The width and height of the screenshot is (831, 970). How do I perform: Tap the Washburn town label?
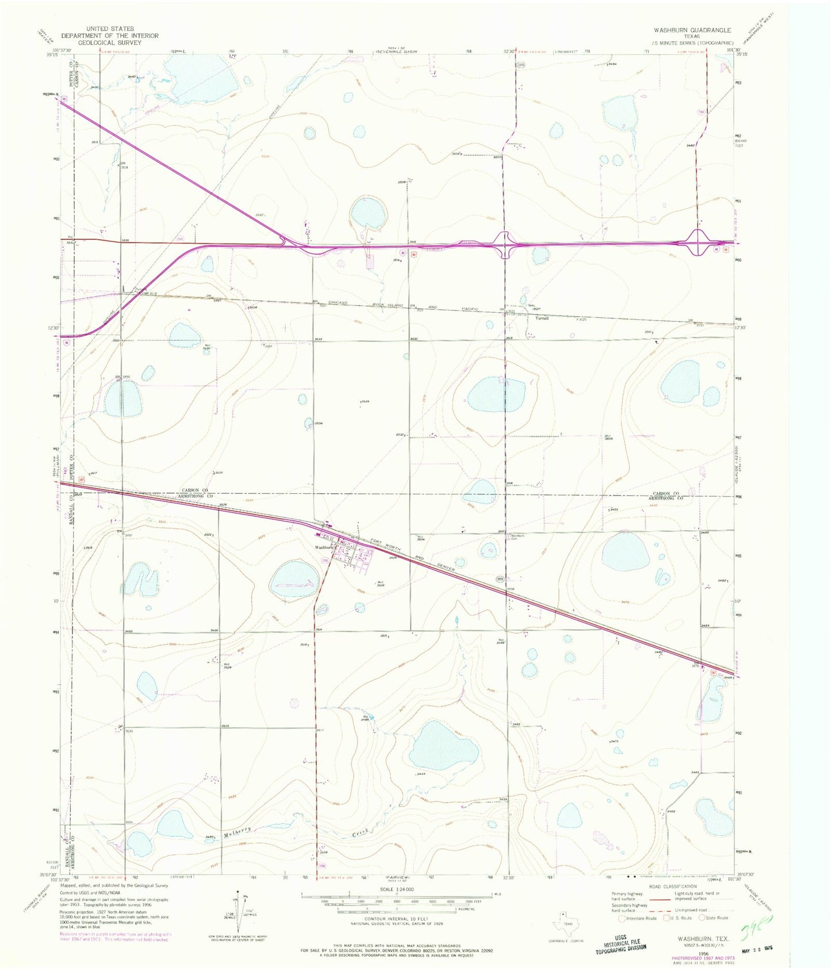click(x=323, y=547)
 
